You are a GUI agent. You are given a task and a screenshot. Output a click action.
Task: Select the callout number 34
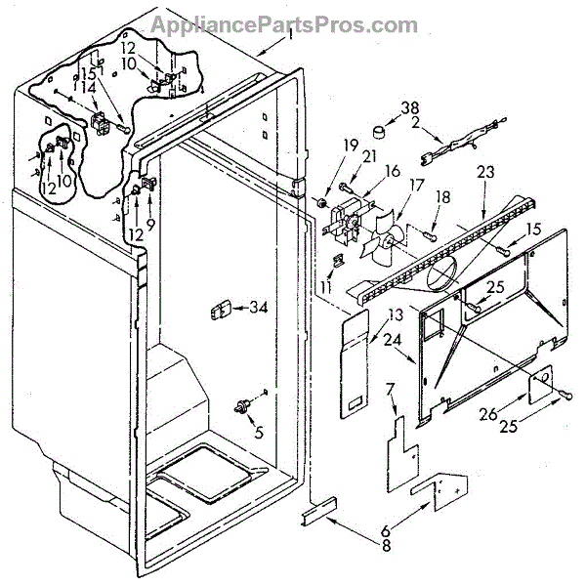(x=258, y=309)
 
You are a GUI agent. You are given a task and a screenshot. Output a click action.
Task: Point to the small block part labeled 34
(x=219, y=311)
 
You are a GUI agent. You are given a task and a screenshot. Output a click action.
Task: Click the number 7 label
(x=391, y=391)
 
